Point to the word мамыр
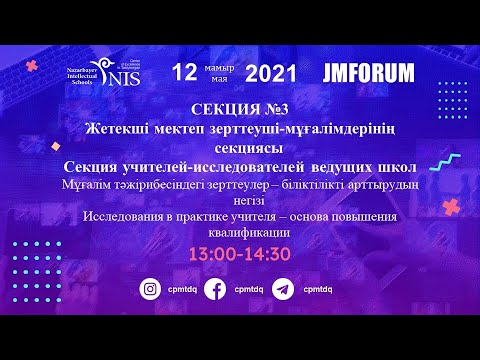pyautogui.click(x=217, y=66)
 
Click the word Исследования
pyautogui.click(x=127, y=218)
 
